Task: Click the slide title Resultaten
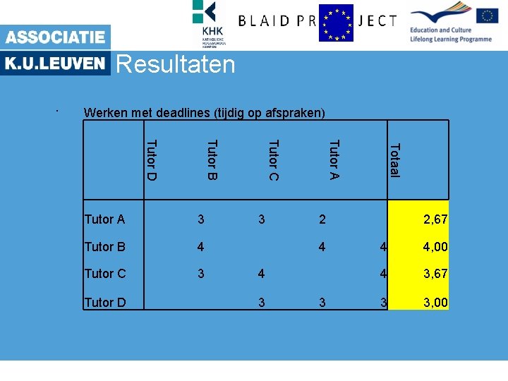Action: (175, 65)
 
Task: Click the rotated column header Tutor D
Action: (150, 160)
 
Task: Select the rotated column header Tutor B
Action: (212, 160)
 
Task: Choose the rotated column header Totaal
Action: (395, 161)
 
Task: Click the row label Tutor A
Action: (104, 219)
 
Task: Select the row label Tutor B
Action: (104, 246)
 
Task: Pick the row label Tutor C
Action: (104, 273)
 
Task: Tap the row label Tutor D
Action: (104, 303)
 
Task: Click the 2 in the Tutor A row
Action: (322, 219)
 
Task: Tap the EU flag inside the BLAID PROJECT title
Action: (336, 23)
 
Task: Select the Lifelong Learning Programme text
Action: (451, 39)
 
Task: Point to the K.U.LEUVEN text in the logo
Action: (55, 64)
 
